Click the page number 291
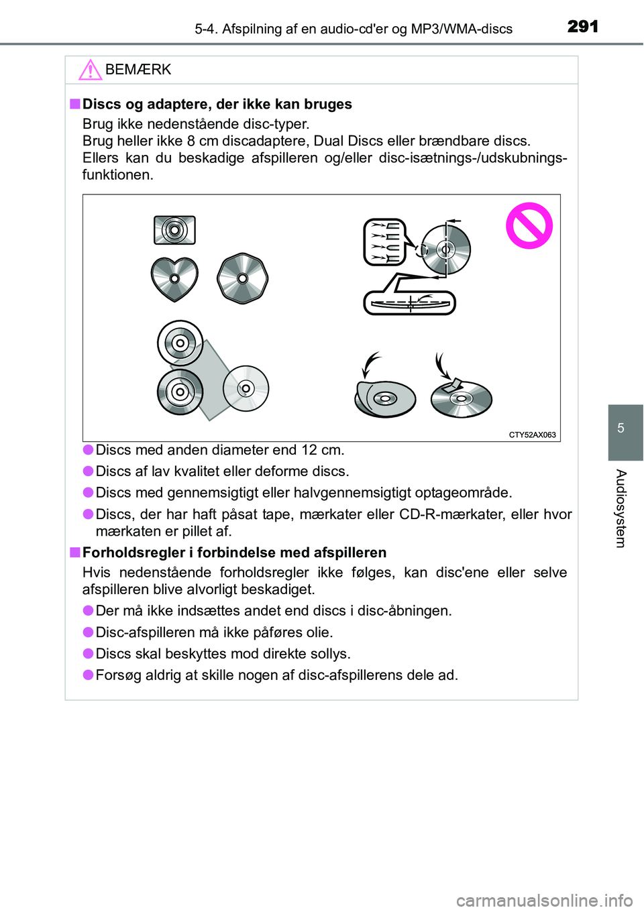[x=582, y=26]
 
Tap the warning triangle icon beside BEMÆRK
[x=90, y=70]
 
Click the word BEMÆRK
[x=138, y=70]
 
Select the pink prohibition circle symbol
[x=529, y=226]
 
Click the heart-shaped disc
[x=174, y=278]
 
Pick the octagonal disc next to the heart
[x=243, y=278]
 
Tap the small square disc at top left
[x=174, y=231]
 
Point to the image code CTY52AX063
[x=532, y=435]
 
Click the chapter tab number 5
[x=621, y=429]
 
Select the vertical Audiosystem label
[x=621, y=508]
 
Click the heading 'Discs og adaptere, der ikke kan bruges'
[x=217, y=104]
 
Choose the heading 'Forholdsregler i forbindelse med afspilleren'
[x=234, y=553]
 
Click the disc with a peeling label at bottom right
[x=461, y=398]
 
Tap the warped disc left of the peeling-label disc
[x=385, y=399]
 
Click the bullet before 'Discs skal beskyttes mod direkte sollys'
[x=88, y=653]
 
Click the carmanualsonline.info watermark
[x=544, y=899]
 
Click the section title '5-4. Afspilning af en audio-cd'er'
[x=354, y=29]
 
